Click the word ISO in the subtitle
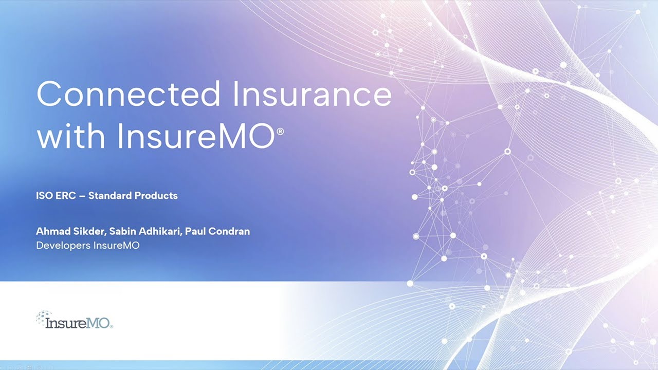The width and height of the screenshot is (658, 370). [x=44, y=196]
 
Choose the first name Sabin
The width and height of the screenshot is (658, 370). [x=123, y=231]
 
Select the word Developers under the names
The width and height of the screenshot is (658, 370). [x=63, y=246]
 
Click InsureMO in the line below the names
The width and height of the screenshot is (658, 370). [x=116, y=246]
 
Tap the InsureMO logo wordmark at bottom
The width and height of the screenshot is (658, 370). [x=78, y=323]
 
